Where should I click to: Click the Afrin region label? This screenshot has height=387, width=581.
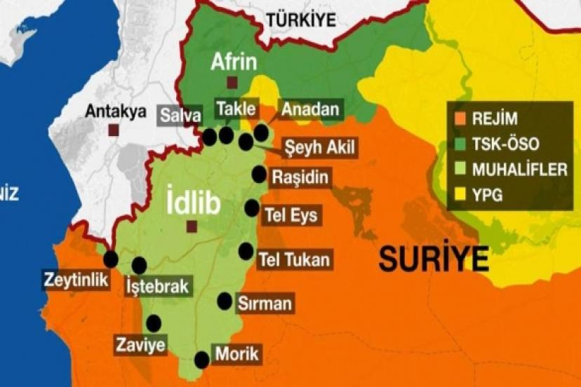click(x=233, y=62)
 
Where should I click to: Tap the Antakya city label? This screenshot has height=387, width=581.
click(x=116, y=111)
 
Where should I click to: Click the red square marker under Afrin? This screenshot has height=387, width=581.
click(x=232, y=83)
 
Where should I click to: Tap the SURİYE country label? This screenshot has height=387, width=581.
click(x=434, y=259)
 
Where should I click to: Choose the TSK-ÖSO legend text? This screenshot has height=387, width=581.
click(x=506, y=144)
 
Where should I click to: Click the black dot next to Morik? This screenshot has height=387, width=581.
click(x=202, y=360)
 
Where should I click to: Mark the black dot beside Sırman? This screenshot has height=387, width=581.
click(x=225, y=301)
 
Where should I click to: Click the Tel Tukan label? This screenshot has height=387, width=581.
click(x=294, y=259)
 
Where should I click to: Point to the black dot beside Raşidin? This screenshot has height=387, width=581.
click(x=260, y=175)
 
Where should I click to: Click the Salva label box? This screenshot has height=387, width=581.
click(x=180, y=114)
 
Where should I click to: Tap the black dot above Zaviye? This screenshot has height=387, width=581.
click(x=153, y=323)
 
